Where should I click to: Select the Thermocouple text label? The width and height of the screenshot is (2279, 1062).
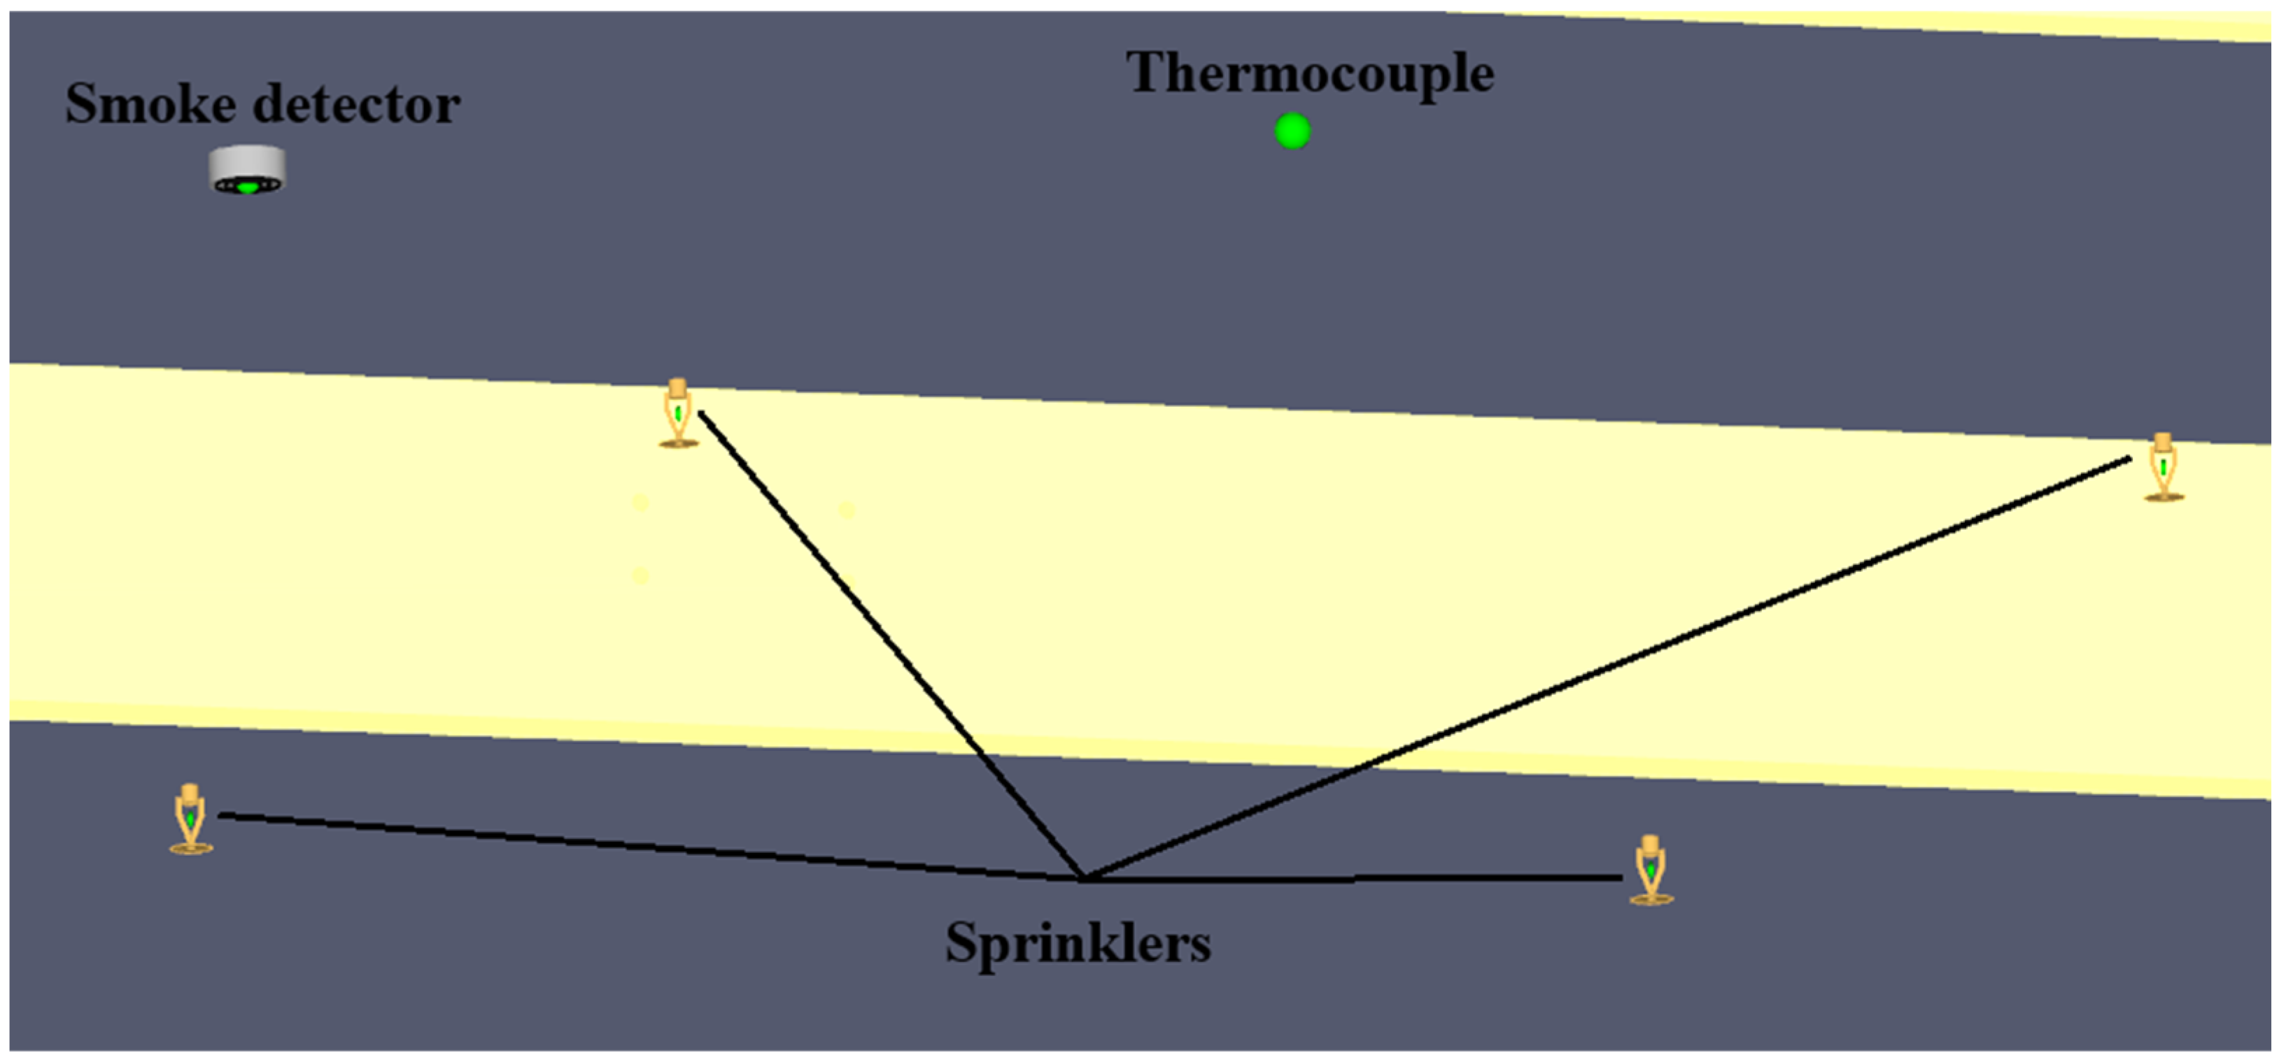(1309, 73)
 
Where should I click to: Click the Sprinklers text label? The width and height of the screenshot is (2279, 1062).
(1078, 942)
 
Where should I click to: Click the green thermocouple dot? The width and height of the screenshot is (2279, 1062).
(1292, 131)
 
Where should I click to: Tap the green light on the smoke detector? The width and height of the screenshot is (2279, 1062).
(248, 187)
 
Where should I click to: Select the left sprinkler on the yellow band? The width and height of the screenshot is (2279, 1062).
(679, 413)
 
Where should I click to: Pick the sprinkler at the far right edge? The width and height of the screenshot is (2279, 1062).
(2163, 468)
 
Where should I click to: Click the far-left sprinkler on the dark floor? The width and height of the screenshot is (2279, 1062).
(190, 819)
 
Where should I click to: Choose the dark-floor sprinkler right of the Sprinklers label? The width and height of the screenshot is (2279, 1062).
(1650, 870)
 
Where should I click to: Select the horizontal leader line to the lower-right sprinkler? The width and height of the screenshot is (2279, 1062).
(1353, 879)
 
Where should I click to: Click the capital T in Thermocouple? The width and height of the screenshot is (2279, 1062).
(1147, 73)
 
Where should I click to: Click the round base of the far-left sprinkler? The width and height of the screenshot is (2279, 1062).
(191, 849)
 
